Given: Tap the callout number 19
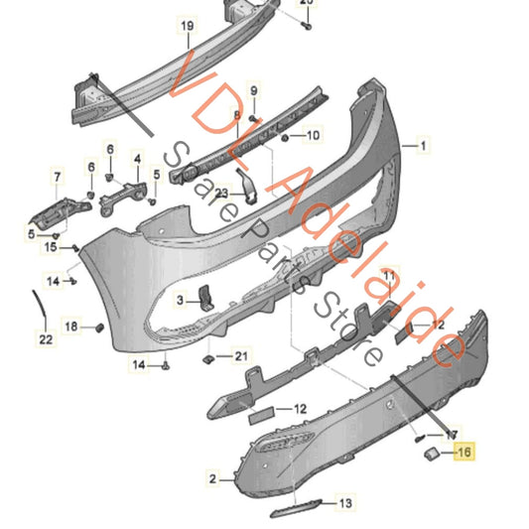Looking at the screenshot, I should [x=186, y=24].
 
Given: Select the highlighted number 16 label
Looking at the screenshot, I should [x=463, y=454].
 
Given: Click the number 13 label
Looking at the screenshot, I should [x=345, y=504].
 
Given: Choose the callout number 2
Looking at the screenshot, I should [x=210, y=478].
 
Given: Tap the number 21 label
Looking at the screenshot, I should [x=57, y=179].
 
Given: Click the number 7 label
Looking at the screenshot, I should [x=57, y=179].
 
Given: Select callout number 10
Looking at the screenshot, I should [x=312, y=135].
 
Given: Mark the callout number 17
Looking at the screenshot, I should [x=452, y=435].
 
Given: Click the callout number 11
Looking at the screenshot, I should [x=389, y=274].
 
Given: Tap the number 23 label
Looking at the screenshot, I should [x=222, y=194].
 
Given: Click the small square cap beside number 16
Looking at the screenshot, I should [x=434, y=455].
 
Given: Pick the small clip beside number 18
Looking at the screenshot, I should [x=99, y=327].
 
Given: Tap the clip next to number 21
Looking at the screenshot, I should [x=207, y=357].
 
